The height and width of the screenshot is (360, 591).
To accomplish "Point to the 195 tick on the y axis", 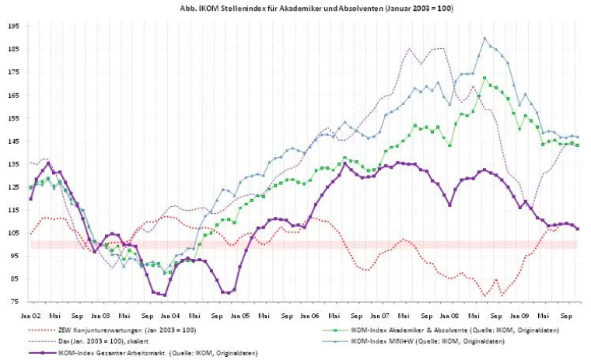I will (x=14, y=26).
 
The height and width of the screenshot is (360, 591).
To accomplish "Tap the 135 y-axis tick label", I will (x=14, y=163).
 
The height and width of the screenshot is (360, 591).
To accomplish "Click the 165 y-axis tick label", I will (x=14, y=95).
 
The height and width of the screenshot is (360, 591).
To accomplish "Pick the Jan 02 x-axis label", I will (x=31, y=316).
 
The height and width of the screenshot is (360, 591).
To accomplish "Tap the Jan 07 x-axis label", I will (x=379, y=316).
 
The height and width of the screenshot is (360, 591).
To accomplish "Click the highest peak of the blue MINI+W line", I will (x=484, y=37).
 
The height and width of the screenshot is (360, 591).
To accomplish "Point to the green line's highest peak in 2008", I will (x=484, y=78).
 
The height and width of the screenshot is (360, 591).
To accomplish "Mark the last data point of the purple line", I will (x=577, y=229).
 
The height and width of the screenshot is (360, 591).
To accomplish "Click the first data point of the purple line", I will (x=31, y=199).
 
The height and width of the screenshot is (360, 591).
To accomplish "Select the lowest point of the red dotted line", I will (x=484, y=295).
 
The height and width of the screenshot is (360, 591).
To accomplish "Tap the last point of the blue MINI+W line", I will (x=577, y=137).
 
